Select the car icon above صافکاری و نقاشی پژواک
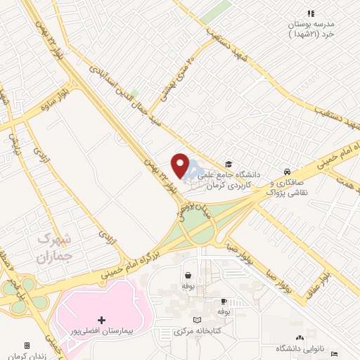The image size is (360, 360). [287, 172]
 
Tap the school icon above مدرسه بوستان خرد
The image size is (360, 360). [310, 13]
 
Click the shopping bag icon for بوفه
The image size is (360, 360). [188, 276]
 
